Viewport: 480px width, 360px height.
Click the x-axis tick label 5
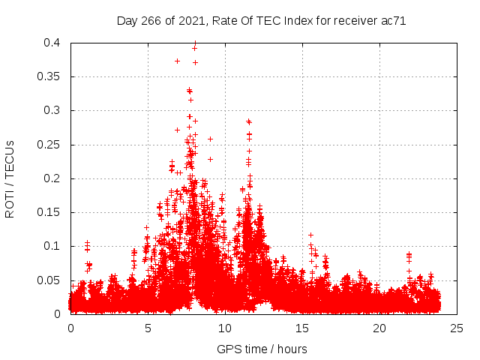148,328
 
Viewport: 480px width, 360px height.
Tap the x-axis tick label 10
225,328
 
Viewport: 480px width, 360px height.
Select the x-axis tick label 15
302,328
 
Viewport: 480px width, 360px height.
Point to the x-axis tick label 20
379,328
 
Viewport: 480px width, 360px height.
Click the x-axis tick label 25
457,328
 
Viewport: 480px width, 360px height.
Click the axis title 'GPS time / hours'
262,349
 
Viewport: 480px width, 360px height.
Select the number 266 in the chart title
153,20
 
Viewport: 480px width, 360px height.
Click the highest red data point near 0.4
195,43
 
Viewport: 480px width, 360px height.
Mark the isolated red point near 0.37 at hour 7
178,61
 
